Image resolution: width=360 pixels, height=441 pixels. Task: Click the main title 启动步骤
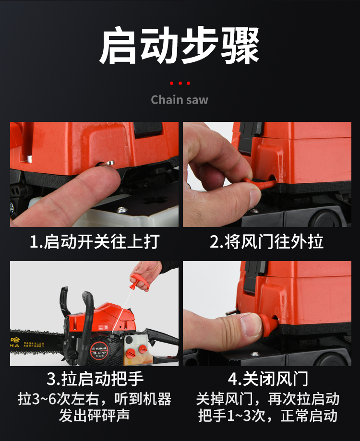pyautogui.click(x=179, y=45)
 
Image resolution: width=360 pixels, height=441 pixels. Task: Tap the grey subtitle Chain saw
pyautogui.click(x=180, y=100)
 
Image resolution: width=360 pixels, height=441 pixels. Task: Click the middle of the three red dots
pyautogui.click(x=180, y=83)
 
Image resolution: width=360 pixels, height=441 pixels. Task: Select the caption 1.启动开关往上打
pyautogui.click(x=95, y=241)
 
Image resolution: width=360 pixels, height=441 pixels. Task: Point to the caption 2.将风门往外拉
pyautogui.click(x=266, y=241)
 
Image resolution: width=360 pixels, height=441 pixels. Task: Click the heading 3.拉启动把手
pyautogui.click(x=95, y=379)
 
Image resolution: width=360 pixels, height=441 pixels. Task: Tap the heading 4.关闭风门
pyautogui.click(x=268, y=379)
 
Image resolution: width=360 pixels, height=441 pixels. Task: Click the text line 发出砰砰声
pyautogui.click(x=95, y=416)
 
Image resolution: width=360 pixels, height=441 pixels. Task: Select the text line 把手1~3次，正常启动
pyautogui.click(x=268, y=416)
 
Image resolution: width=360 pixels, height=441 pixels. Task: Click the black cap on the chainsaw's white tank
pyautogui.click(x=129, y=340)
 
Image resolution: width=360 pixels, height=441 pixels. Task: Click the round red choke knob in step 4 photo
pyautogui.click(x=268, y=325)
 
